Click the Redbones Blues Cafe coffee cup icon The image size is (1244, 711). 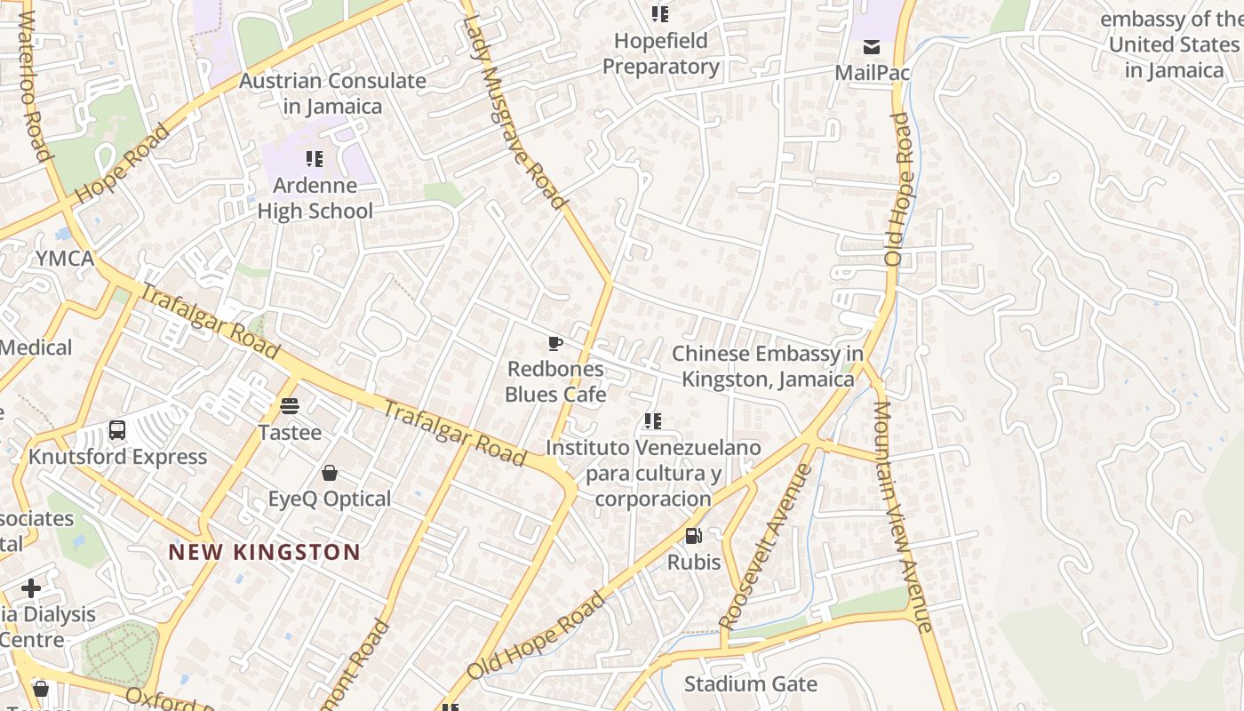coord(555,344)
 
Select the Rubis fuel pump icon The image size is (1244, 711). coord(694,536)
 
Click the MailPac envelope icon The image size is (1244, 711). coord(872,47)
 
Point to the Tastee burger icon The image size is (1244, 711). coord(290,407)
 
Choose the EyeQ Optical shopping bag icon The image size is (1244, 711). coord(330,473)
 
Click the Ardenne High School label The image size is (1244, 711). coord(315,198)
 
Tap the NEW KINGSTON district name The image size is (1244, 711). coord(265,552)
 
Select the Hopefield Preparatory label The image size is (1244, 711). coord(661,53)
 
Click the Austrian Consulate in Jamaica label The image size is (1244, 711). coord(332,93)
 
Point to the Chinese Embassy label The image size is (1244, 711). coord(768,366)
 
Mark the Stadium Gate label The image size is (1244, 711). coord(750,683)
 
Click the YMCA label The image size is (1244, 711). coord(65,259)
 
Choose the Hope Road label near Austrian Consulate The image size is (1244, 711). coord(122,164)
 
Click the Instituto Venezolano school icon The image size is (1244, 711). coord(653,421)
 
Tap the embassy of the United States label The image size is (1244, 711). coord(1173,44)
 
